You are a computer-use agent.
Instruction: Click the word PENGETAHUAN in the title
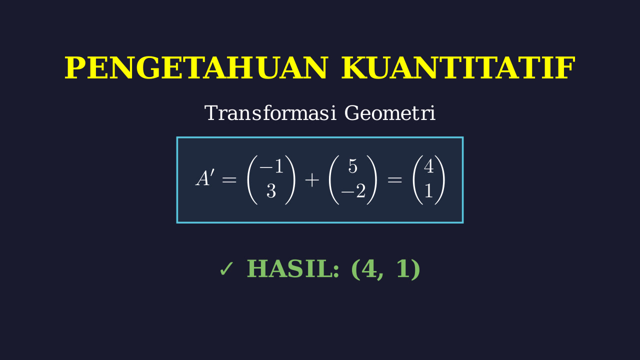click(x=195, y=67)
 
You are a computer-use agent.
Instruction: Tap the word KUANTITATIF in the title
click(x=458, y=67)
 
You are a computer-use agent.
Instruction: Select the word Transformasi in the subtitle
click(x=270, y=113)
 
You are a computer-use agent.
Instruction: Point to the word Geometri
click(x=390, y=113)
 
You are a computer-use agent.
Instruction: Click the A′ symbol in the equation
click(x=205, y=177)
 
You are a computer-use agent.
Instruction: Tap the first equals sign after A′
click(x=229, y=180)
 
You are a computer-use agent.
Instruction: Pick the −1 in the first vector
click(x=271, y=166)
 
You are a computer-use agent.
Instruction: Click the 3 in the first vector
click(x=271, y=191)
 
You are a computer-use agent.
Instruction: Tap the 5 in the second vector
click(x=353, y=166)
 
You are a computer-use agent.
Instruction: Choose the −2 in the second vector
click(x=353, y=191)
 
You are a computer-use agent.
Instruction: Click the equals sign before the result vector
click(x=394, y=180)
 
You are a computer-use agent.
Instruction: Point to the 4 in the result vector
click(x=428, y=166)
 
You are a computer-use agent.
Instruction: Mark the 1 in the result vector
click(x=428, y=191)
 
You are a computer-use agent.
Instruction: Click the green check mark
click(x=226, y=269)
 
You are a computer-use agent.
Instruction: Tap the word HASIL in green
click(x=293, y=269)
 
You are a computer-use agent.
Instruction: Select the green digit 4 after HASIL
click(x=369, y=269)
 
